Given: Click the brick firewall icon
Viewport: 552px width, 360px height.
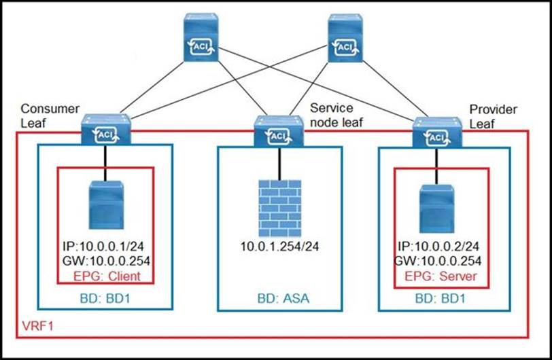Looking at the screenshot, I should click(x=278, y=206).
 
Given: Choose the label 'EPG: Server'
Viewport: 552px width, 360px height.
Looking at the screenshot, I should click(x=436, y=276).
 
